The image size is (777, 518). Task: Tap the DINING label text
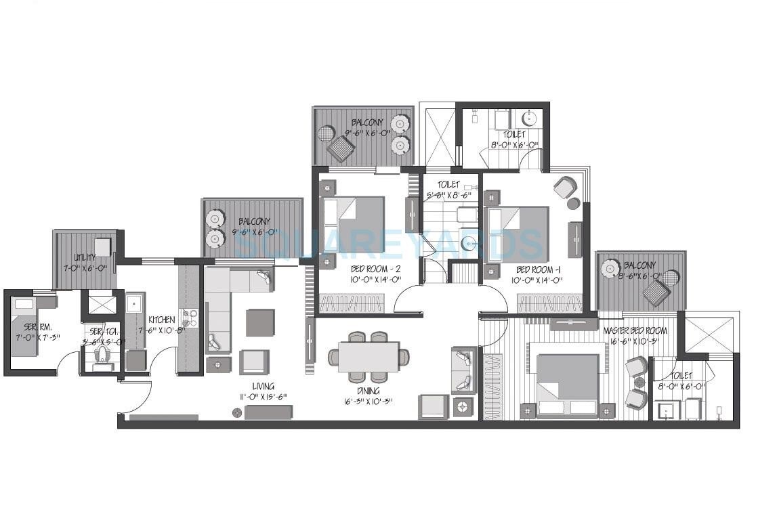tap(369, 391)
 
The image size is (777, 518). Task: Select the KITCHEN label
tap(162, 320)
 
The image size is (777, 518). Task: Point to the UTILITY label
tap(86, 257)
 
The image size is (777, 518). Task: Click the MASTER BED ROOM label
tap(635, 330)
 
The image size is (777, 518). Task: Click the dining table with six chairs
tap(369, 357)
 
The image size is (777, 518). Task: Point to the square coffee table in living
tap(260, 322)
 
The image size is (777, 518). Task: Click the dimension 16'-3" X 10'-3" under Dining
tap(369, 401)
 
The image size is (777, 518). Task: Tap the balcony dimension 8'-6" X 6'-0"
tap(630, 275)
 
